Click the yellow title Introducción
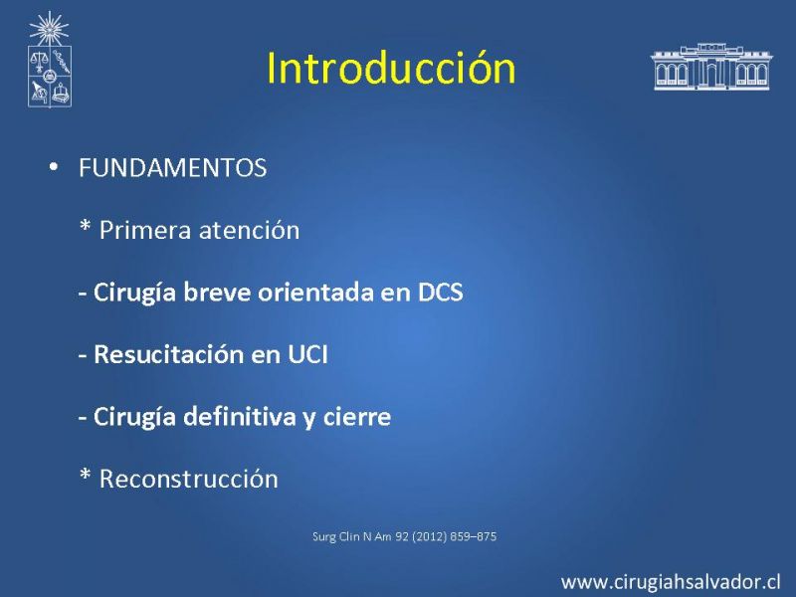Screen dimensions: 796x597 pos(391,68)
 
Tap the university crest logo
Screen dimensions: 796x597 pos(49,60)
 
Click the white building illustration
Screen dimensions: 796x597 pos(711,67)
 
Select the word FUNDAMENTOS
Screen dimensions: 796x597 pos(172,168)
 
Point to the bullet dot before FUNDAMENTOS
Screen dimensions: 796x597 pos(54,166)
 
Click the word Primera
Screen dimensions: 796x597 pos(145,231)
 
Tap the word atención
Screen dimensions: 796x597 pos(250,231)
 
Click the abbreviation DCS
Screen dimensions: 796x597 pos(440,293)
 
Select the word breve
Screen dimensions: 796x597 pos(217,293)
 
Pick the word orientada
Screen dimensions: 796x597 pos(315,293)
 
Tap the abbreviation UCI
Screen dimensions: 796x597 pos(307,354)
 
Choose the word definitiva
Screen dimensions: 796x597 pos(239,417)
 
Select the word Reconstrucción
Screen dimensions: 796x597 pos(189,480)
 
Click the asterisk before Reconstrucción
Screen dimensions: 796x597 pos(86,476)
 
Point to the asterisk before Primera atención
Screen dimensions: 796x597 pos(86,227)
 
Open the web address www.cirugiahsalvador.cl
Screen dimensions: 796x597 pos(671,582)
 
